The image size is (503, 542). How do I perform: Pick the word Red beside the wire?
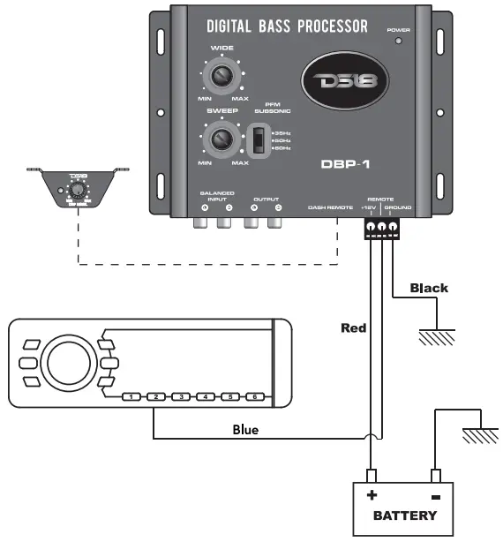(x=353, y=328)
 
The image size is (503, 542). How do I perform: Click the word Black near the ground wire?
(x=429, y=288)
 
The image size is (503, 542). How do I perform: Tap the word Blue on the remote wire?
(x=245, y=430)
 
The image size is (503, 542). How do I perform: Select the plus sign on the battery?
(x=371, y=494)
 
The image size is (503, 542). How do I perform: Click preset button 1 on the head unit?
(x=131, y=398)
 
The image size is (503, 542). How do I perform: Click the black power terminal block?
(x=381, y=228)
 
